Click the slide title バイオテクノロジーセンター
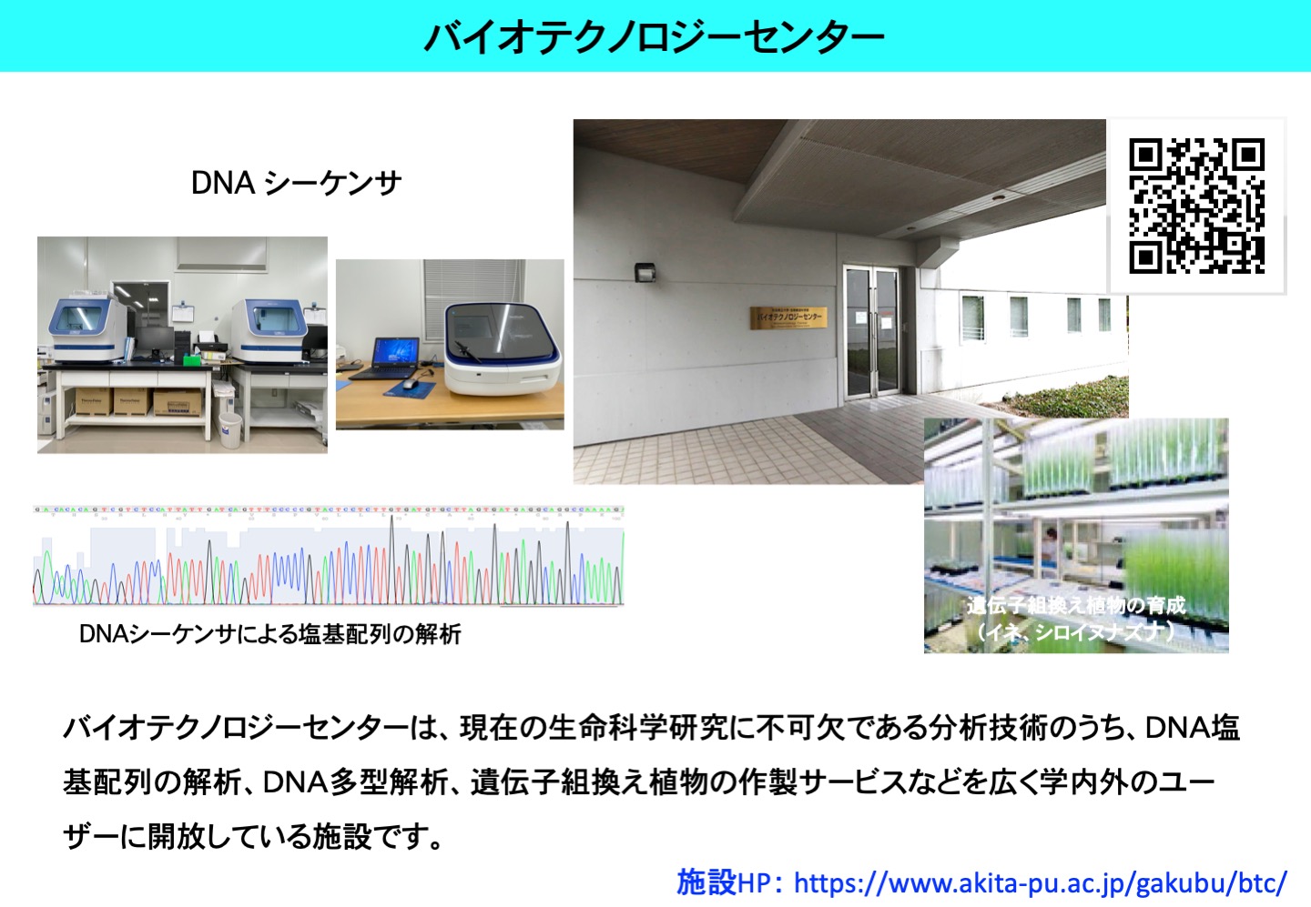tap(654, 36)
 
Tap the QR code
tap(1196, 206)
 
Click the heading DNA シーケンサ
tap(296, 183)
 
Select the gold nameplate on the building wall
tap(788, 317)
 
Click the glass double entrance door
tap(871, 332)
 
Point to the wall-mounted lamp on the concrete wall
tap(645, 272)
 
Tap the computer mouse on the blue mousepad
tap(410, 383)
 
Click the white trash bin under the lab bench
tap(230, 428)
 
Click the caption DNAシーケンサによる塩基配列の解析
tap(270, 634)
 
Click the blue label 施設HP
tap(722, 882)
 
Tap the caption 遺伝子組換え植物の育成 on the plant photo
tap(1075, 605)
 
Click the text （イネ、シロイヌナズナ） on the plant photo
tap(1075, 631)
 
